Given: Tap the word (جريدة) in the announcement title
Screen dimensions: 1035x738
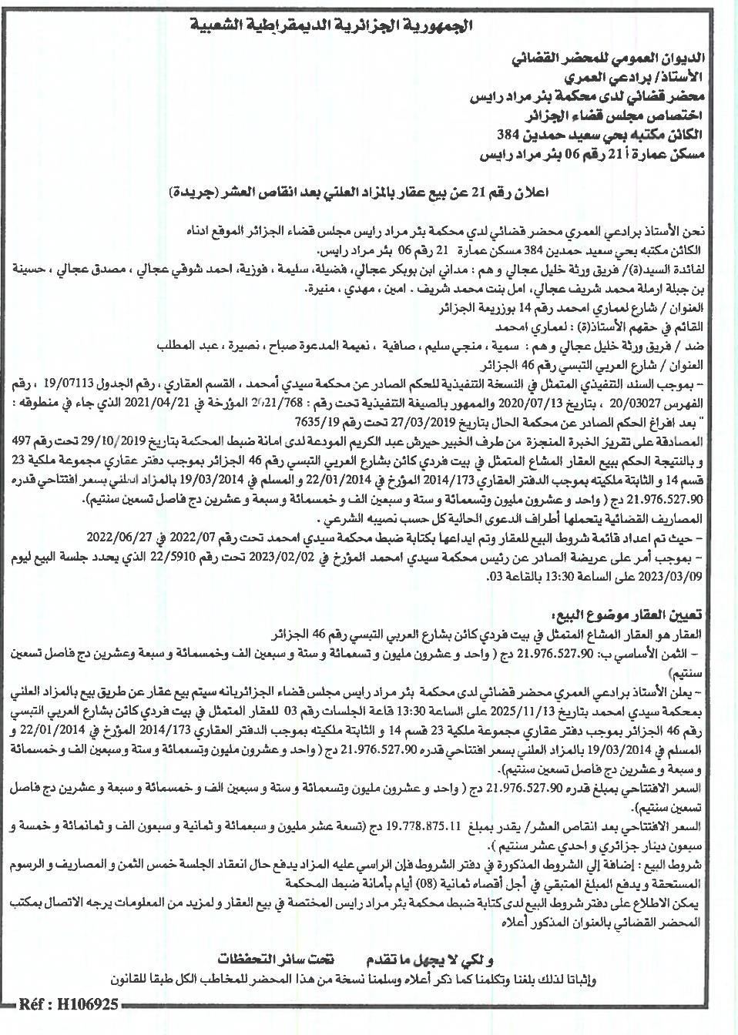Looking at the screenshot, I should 200,192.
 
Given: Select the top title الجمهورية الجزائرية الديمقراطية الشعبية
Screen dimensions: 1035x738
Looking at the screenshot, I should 368,27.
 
